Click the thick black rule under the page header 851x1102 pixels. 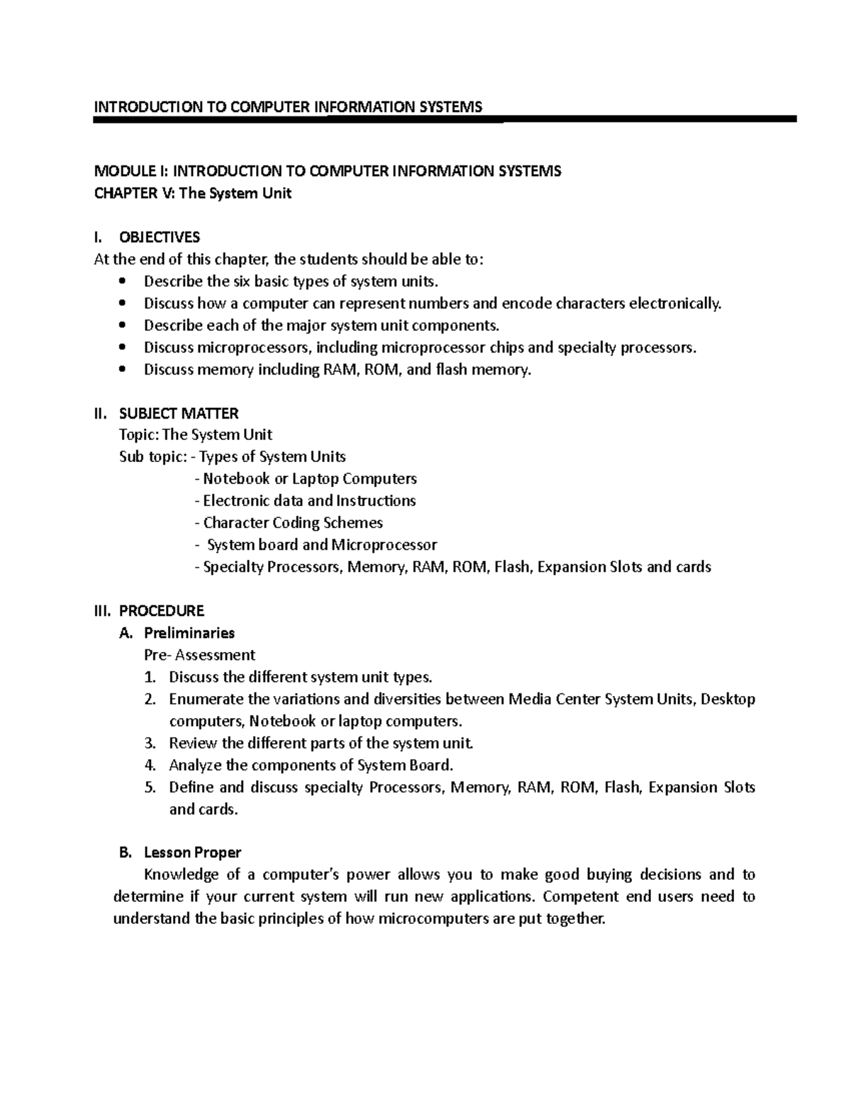pos(445,120)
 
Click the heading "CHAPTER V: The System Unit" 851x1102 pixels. pos(193,193)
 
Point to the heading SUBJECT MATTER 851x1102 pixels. pos(179,413)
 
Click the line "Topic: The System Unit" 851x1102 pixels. pos(196,434)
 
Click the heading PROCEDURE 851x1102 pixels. pos(162,611)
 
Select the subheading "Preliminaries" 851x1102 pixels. pos(189,633)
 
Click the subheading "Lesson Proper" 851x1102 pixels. pos(192,852)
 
